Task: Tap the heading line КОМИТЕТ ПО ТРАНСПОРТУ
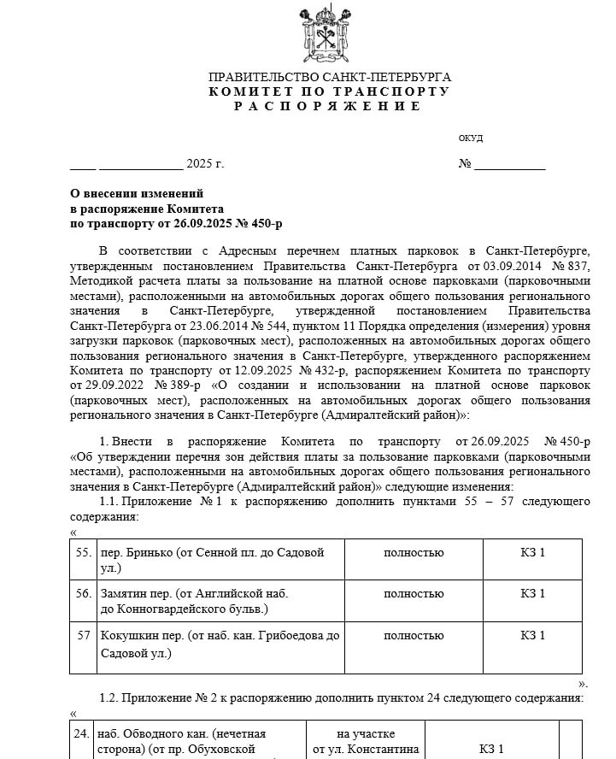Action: coord(329,91)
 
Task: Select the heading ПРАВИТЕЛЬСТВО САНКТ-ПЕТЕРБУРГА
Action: coord(329,77)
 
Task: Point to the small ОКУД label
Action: coord(471,138)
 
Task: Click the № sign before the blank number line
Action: coord(465,164)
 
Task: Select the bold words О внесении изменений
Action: coord(137,194)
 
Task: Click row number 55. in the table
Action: coord(84,553)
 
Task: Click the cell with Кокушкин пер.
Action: coord(220,644)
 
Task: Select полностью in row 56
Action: coord(414,593)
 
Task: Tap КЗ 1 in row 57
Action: coord(532,635)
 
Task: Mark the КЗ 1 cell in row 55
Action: coord(532,553)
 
